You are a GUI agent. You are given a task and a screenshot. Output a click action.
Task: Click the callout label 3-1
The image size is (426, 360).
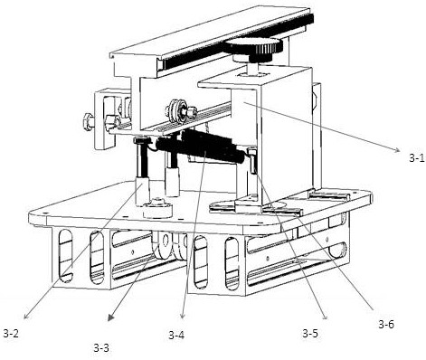417,158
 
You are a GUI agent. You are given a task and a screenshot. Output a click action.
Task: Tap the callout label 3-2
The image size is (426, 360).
11,333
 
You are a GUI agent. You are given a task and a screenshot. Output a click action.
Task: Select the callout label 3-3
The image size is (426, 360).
101,348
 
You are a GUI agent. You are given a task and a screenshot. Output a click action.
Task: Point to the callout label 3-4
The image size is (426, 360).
176,335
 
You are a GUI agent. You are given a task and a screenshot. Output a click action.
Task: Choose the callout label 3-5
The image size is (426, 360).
310,333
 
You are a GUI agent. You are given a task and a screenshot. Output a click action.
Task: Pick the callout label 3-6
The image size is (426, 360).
386,324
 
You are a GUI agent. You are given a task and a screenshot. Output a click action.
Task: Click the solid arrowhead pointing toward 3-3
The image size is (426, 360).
111,318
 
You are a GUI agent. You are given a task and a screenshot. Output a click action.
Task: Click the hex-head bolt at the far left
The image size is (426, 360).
88,121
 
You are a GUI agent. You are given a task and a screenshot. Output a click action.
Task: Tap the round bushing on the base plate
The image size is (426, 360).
157,208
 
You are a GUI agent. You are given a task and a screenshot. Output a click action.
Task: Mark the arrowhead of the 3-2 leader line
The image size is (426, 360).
26,316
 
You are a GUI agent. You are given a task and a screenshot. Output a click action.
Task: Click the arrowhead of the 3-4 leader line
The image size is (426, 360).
182,316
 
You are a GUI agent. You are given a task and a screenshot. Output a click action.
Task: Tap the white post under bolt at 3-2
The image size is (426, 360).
142,191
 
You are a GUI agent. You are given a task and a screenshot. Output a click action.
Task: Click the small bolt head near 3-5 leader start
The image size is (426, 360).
251,151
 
